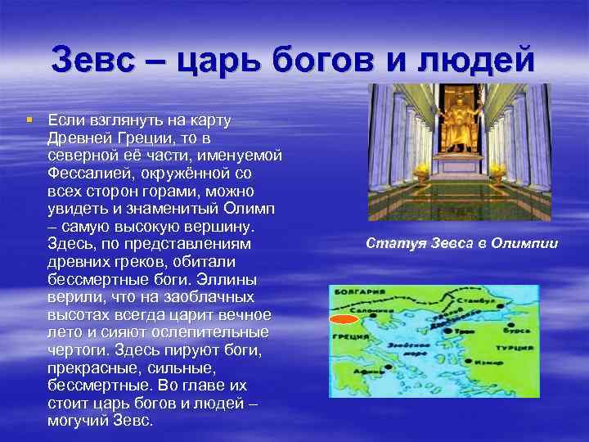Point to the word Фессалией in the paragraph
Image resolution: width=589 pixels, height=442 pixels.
coord(88,174)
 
